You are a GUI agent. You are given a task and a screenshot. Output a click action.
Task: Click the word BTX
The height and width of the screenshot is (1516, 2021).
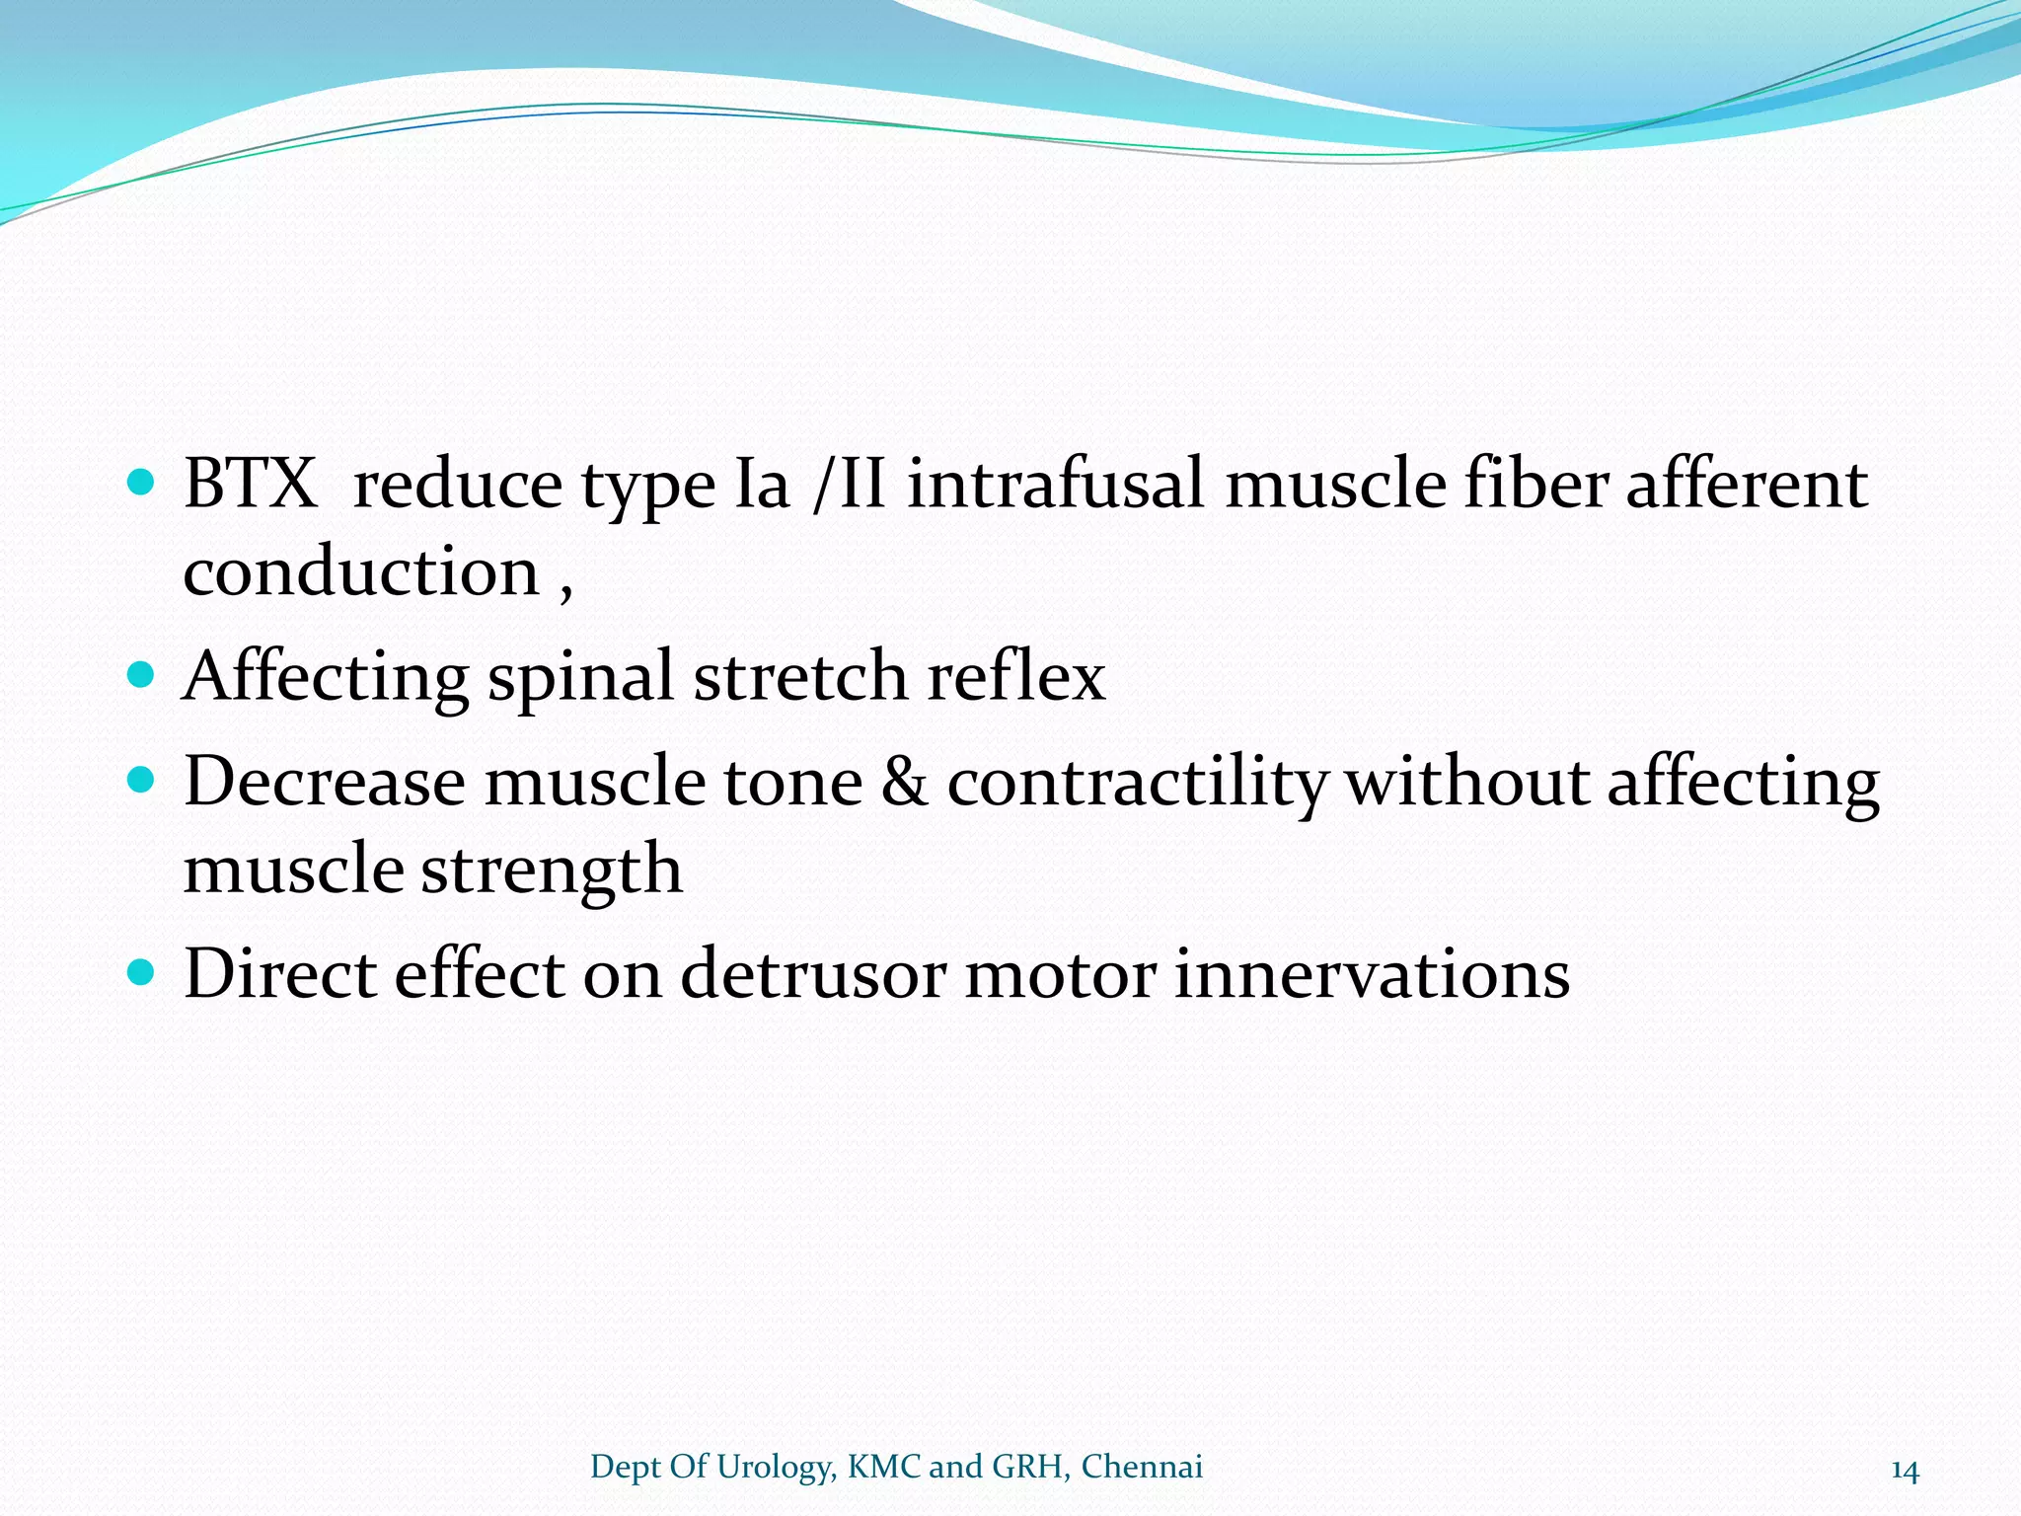click(251, 484)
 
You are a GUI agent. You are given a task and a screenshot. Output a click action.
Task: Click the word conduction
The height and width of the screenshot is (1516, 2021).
click(361, 571)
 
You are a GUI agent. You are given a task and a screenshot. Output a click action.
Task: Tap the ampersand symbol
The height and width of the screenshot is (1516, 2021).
click(905, 782)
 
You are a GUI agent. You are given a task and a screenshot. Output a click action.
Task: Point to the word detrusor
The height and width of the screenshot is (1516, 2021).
click(813, 974)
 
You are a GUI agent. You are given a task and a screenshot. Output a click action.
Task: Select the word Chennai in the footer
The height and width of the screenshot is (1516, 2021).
click(1142, 1467)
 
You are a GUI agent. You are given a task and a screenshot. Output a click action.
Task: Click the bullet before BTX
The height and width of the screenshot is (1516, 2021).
click(142, 483)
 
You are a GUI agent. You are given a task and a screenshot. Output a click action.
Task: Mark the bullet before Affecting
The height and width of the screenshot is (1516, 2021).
click(142, 675)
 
